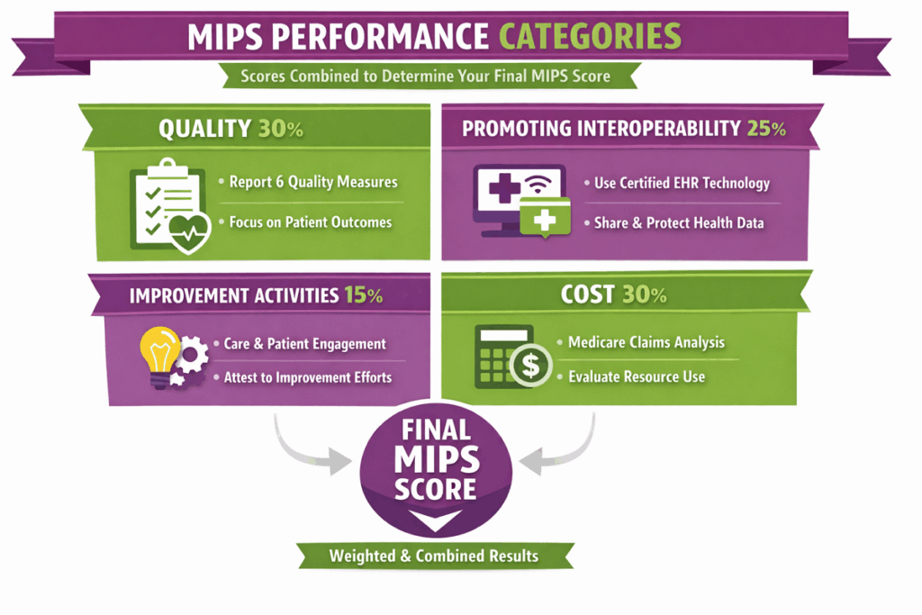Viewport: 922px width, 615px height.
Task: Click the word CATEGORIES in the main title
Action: click(x=590, y=37)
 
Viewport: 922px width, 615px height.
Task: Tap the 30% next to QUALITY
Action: click(x=280, y=129)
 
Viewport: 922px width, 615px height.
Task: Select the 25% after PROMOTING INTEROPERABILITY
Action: click(x=766, y=129)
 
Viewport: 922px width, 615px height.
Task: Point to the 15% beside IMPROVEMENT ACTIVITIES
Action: click(x=363, y=294)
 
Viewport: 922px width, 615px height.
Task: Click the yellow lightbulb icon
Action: click(x=158, y=355)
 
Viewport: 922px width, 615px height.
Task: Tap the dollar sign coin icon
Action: click(x=530, y=364)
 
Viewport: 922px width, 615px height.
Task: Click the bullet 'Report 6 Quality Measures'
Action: click(x=312, y=182)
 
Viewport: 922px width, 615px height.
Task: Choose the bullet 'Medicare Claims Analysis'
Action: click(x=646, y=342)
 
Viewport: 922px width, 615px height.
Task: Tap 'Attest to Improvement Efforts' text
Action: click(x=307, y=377)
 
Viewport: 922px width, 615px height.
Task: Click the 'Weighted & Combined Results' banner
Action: click(x=433, y=555)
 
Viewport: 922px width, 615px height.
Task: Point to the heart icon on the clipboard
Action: click(x=191, y=234)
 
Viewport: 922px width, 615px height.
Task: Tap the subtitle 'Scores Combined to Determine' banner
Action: click(x=425, y=76)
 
